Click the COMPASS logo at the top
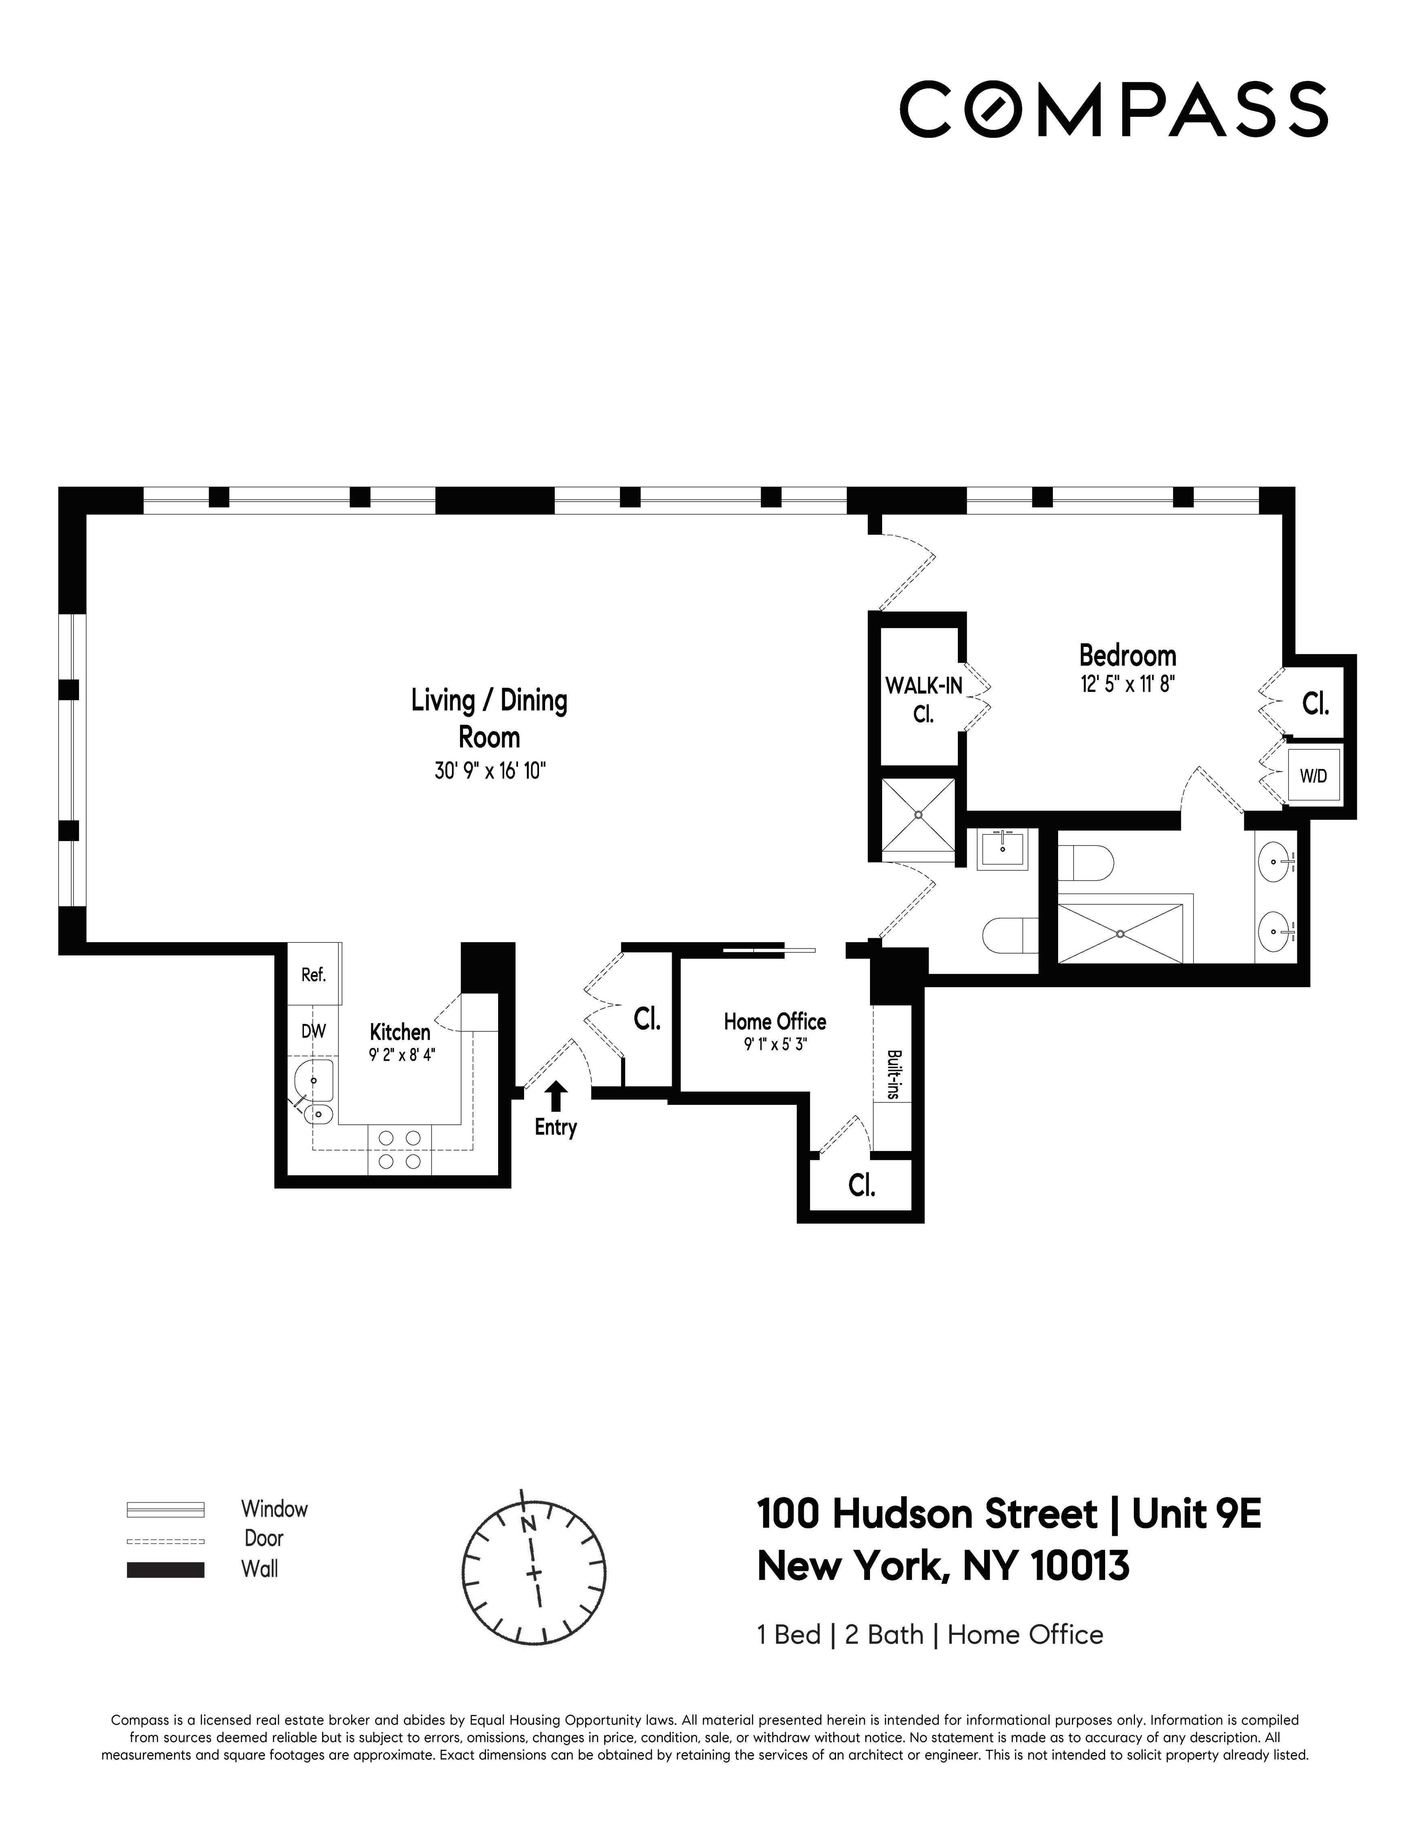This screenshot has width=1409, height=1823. pyautogui.click(x=1113, y=109)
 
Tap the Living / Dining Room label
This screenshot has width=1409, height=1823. pyautogui.click(x=489, y=718)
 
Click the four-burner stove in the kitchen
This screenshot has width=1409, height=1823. pyautogui.click(x=399, y=1149)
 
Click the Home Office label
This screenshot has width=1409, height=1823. pyautogui.click(x=775, y=1022)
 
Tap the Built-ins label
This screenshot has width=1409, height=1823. pyautogui.click(x=893, y=1074)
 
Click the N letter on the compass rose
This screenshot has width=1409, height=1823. pyautogui.click(x=528, y=1523)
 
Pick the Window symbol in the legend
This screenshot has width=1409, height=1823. pyautogui.click(x=165, y=1509)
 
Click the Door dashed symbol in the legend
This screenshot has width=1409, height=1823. pyautogui.click(x=165, y=1540)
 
